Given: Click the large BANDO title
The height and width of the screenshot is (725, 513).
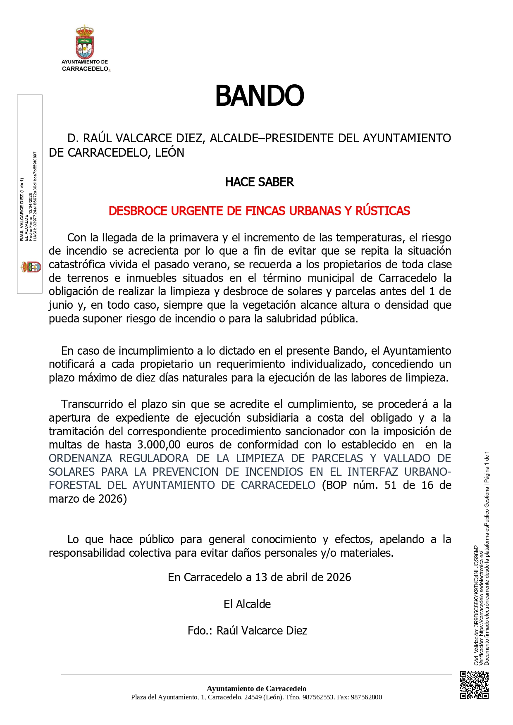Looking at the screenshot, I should tap(259, 96).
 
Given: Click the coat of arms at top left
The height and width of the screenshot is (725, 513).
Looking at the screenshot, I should tap(85, 42).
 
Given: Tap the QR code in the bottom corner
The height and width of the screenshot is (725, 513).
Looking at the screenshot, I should tap(474, 685).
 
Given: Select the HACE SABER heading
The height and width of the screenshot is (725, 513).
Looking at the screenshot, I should tap(259, 182).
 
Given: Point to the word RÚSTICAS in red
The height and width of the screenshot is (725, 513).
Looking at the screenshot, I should tap(383, 211).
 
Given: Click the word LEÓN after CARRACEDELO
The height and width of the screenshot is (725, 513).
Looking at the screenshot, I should tap(169, 153).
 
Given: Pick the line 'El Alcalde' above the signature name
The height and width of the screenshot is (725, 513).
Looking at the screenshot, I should tap(247, 604).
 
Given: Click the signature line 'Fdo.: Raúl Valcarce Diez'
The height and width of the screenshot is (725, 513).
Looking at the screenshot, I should tap(247, 631).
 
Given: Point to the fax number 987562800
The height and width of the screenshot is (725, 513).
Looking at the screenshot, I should tap(366, 697).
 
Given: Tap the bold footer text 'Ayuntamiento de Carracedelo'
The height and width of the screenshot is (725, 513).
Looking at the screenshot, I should tap(256, 689).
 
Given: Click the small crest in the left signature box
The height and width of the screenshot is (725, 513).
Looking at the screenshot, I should tap(31, 267).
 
